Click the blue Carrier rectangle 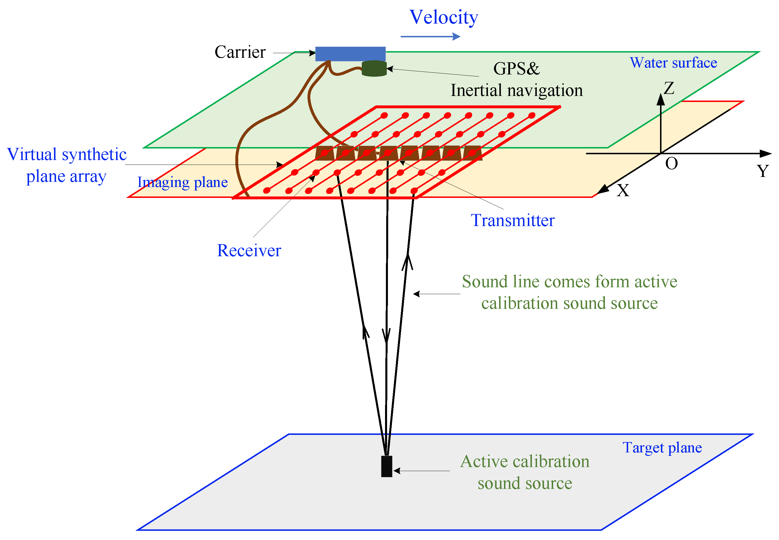point(350,54)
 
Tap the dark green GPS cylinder point(374,68)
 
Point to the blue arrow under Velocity point(430,36)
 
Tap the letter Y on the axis point(763,171)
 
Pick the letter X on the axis point(623,190)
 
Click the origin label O point(672,164)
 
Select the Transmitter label point(513,220)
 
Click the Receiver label point(249,250)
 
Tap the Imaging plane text point(182,182)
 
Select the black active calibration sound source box point(386,466)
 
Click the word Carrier point(240,52)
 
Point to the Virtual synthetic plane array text point(67,165)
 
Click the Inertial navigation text point(516,90)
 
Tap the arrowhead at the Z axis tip point(661,99)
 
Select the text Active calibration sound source point(524,472)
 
